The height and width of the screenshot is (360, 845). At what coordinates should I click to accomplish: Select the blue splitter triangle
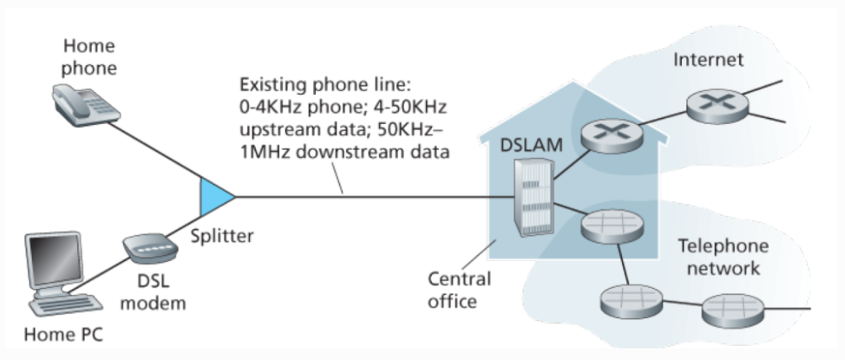pyautogui.click(x=216, y=196)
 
